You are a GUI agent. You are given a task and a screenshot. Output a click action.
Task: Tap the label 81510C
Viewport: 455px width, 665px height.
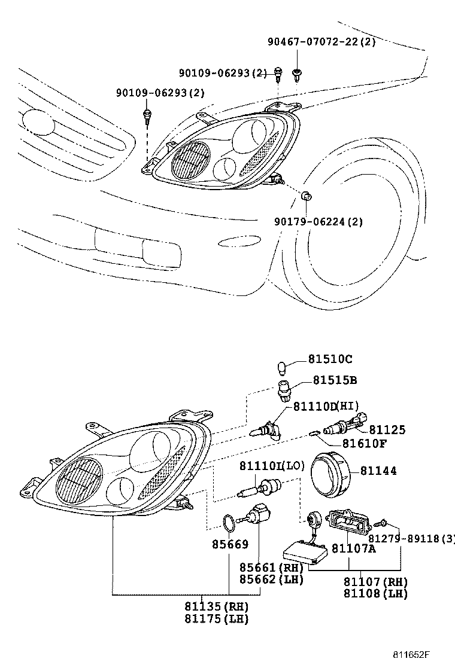pos(330,359)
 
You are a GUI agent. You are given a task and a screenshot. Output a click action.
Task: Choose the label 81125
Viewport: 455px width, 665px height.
pos(387,429)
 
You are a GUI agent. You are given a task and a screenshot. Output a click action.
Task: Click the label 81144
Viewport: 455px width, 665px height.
pos(378,471)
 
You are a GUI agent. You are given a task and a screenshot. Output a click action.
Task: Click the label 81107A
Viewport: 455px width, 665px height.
pos(354,548)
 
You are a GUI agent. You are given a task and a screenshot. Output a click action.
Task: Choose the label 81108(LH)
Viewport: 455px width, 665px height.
pos(375,594)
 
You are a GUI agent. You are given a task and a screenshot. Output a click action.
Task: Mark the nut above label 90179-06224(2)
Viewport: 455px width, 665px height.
pos(305,195)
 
